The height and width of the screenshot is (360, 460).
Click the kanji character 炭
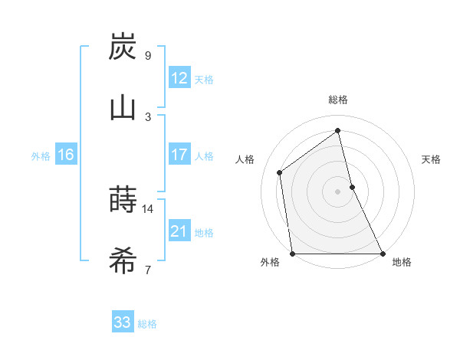pyautogui.click(x=123, y=47)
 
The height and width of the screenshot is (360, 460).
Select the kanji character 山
pyautogui.click(x=123, y=108)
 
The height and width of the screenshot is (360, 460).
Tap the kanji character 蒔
pyautogui.click(x=123, y=200)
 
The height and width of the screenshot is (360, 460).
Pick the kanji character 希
pyautogui.click(x=123, y=261)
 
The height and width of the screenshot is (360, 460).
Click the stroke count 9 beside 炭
pyautogui.click(x=148, y=55)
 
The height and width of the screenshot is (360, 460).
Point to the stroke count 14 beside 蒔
pyautogui.click(x=148, y=208)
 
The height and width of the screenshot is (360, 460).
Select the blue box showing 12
pyautogui.click(x=179, y=79)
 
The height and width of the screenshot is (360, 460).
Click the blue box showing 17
pyautogui.click(x=179, y=155)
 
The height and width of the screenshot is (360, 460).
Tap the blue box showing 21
pyautogui.click(x=179, y=232)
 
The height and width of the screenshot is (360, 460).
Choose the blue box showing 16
pyautogui.click(x=66, y=155)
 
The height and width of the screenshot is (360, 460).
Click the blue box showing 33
pyautogui.click(x=123, y=322)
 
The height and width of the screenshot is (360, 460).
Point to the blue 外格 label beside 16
pyautogui.click(x=41, y=156)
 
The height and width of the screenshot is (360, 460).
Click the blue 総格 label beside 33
pyautogui.click(x=147, y=324)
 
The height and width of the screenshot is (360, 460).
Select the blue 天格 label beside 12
pyautogui.click(x=204, y=80)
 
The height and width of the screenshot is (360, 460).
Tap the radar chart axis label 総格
pyautogui.click(x=338, y=100)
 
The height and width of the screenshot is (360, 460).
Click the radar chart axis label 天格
pyautogui.click(x=432, y=159)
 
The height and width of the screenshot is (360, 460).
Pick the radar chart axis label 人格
pyautogui.click(x=245, y=159)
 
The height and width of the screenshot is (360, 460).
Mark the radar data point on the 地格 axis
pyautogui.click(x=382, y=253)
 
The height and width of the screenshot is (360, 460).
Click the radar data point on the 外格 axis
pyautogui.click(x=293, y=253)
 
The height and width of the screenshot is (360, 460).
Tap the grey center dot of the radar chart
pyautogui.click(x=338, y=191)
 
